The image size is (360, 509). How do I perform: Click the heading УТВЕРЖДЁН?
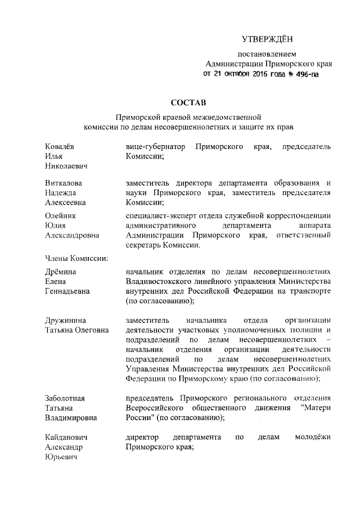[268, 39]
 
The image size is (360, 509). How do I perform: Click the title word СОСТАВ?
[188, 103]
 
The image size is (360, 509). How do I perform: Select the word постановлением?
[267, 55]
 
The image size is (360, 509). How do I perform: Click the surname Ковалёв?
[60, 146]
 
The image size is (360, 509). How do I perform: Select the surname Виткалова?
[63, 183]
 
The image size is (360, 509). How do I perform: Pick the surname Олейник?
[60, 215]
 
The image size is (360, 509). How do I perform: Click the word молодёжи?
[312, 437]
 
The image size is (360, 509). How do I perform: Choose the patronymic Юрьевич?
[61, 457]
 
